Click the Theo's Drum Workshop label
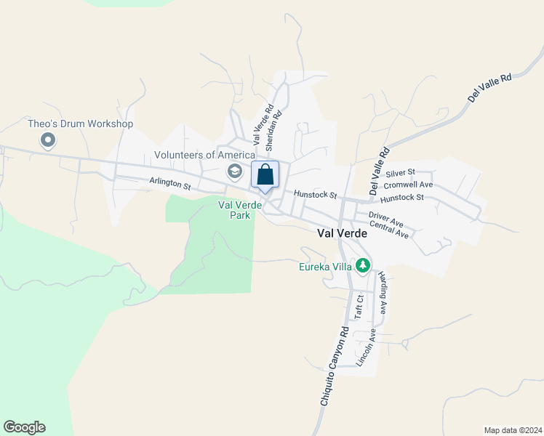[81, 124]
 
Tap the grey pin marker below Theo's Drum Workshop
[49, 140]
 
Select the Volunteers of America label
[204, 155]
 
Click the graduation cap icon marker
[235, 172]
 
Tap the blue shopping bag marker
[265, 175]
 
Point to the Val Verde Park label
[239, 210]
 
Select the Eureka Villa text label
[325, 267]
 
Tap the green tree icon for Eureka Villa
[363, 266]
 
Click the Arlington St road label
[170, 185]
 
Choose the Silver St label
[400, 173]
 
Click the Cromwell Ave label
[408, 185]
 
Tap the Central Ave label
[389, 230]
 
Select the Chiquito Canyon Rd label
[335, 365]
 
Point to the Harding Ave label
[383, 294]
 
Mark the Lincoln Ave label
[366, 347]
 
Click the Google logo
[24, 427]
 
